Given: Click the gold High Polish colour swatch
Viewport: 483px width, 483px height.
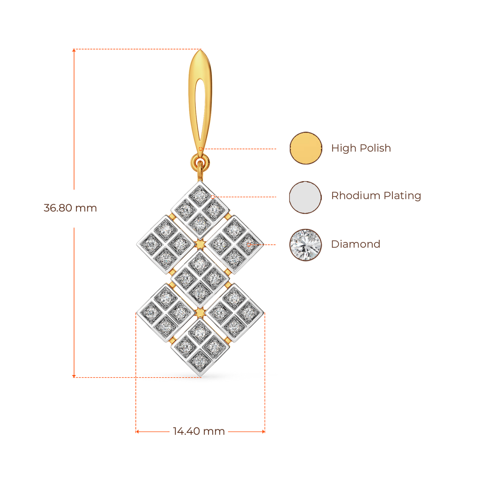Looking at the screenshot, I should point(306,148).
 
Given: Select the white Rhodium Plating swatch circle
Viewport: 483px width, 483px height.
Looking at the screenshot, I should point(306,197).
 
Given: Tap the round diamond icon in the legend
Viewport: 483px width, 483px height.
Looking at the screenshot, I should point(306,245).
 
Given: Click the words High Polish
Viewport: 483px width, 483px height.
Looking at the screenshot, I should point(361,148).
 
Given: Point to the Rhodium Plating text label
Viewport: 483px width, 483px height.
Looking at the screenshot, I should point(376,196).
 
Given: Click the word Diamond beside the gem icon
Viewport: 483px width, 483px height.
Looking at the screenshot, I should point(356,244).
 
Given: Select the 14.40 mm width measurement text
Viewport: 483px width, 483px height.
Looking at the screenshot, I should point(199,431).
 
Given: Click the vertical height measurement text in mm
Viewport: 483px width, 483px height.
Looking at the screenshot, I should point(70,208).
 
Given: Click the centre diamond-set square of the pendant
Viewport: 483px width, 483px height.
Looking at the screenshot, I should point(200,277).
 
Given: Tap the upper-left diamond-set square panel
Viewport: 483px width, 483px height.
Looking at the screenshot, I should point(165,243).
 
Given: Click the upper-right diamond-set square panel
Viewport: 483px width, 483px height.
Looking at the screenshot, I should point(234,243).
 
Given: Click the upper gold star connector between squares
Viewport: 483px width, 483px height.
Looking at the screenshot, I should point(200,243).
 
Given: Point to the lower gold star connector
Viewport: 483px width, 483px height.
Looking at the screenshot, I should point(200,312).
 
